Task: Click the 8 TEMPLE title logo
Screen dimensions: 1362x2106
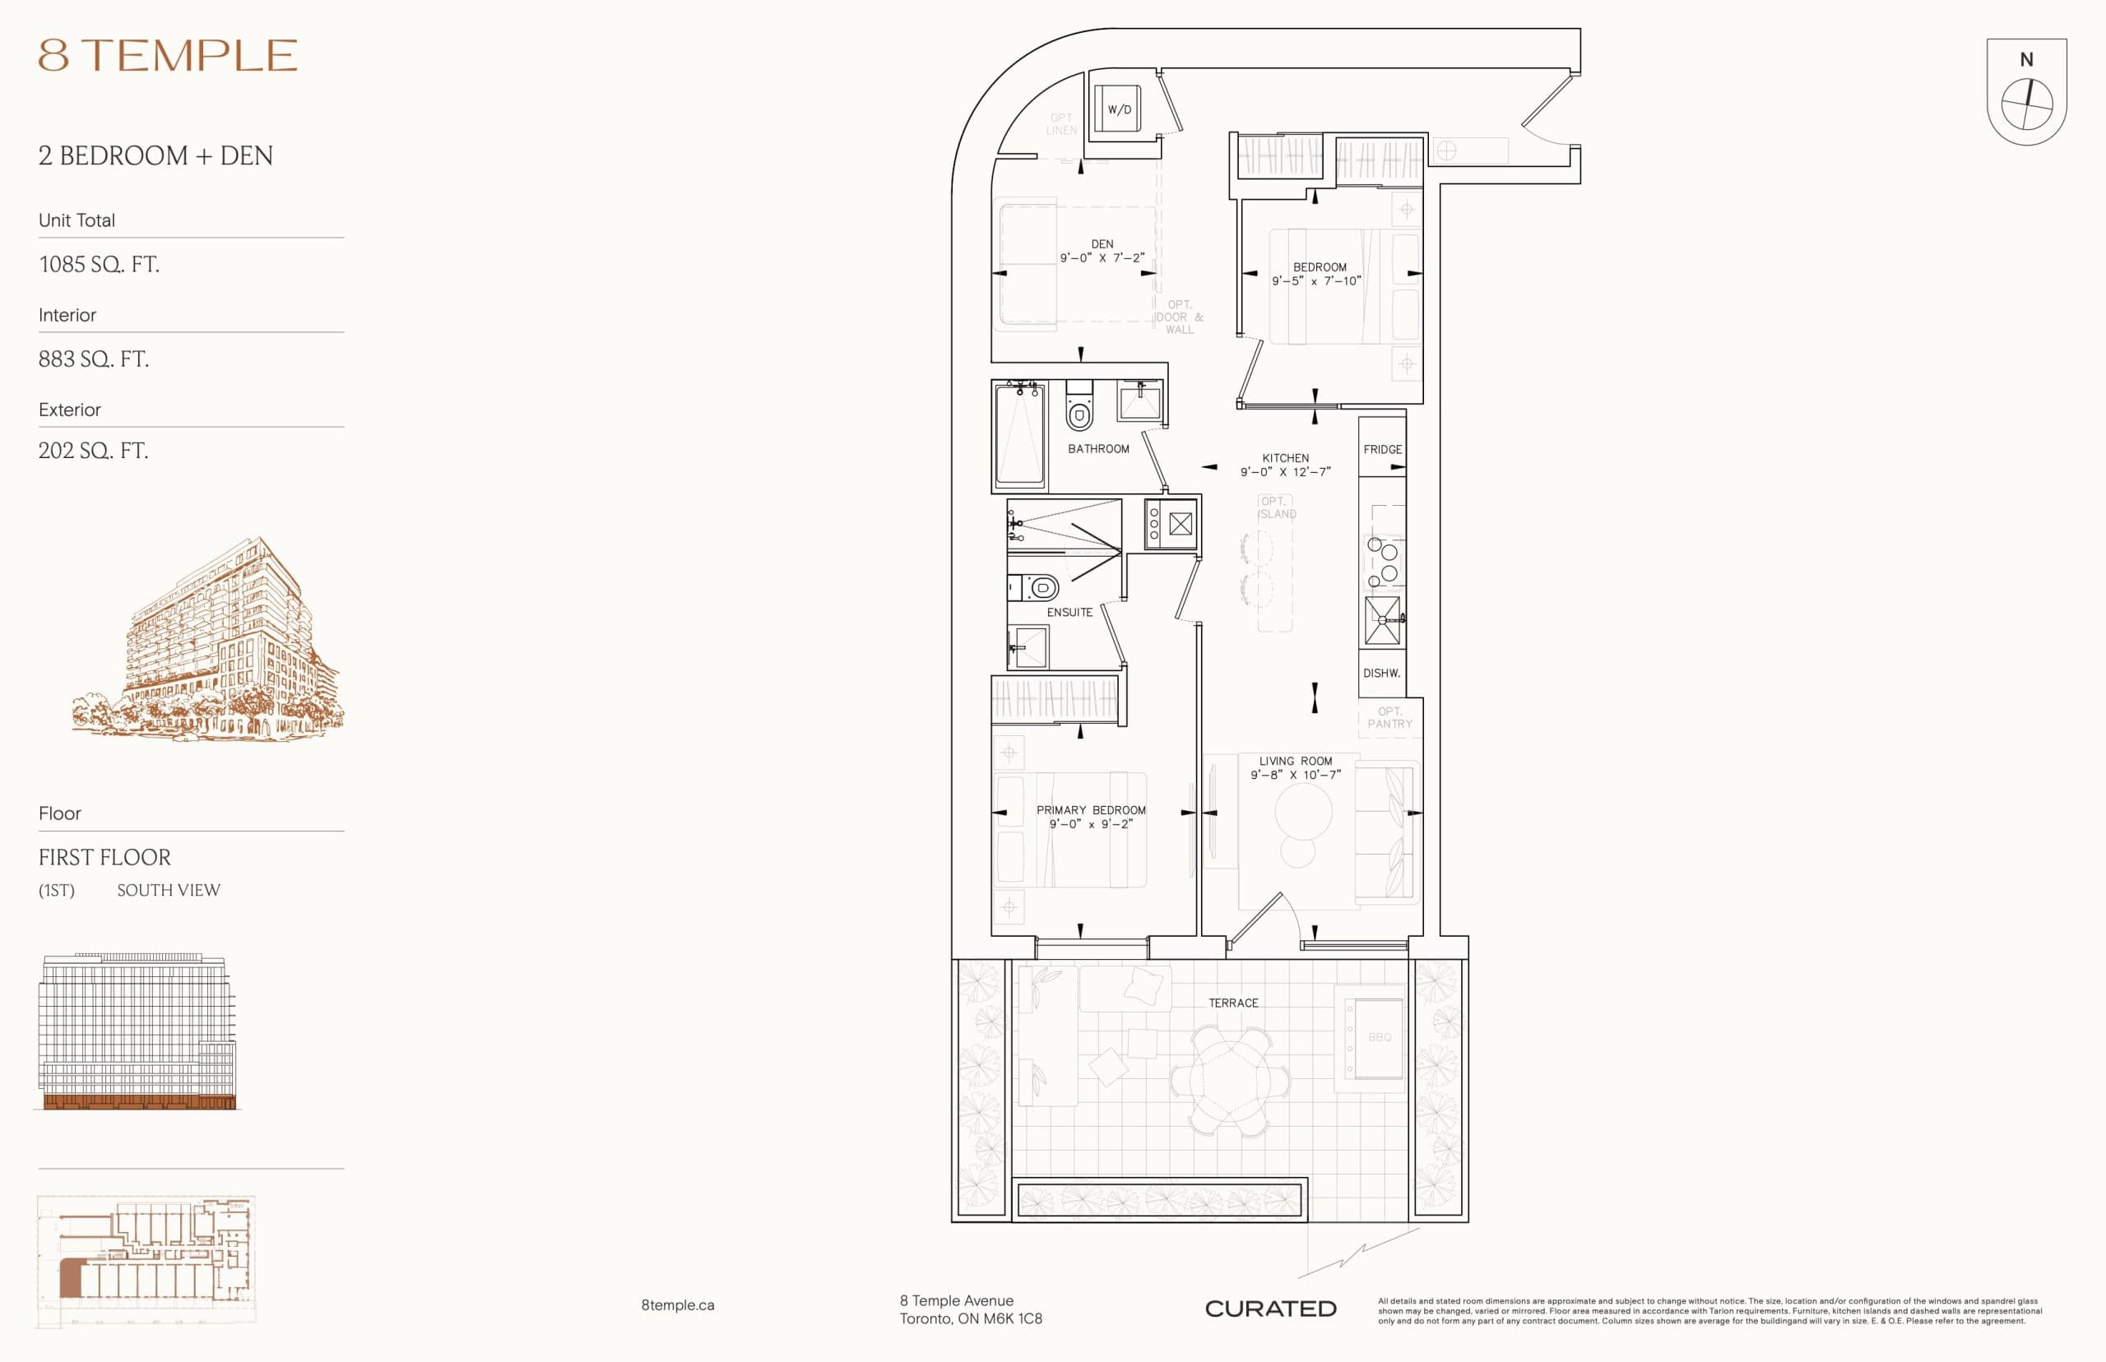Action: [x=167, y=55]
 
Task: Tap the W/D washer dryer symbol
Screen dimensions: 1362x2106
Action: [x=1118, y=109]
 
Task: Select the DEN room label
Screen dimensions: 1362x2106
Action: [x=1102, y=244]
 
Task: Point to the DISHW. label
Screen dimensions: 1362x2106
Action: [x=1380, y=673]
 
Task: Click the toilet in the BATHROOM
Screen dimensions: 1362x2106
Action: [x=1079, y=410]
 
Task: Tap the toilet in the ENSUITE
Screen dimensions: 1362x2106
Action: [x=1042, y=587]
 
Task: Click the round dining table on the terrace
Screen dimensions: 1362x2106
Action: [x=1229, y=1081]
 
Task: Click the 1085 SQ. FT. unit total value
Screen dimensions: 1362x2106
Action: [x=99, y=265]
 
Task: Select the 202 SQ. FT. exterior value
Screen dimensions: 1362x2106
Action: [x=93, y=451]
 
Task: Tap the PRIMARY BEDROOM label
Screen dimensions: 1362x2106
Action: [x=1091, y=810]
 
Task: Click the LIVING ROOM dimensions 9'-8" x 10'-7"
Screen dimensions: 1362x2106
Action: [x=1295, y=775]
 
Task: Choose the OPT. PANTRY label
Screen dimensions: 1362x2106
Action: [x=1389, y=717]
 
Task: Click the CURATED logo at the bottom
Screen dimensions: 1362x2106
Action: [x=1270, y=1309]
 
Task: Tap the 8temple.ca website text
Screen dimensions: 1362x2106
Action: [x=678, y=1305]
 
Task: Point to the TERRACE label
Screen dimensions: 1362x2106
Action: [x=1233, y=1003]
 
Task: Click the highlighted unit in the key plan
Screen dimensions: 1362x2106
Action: [x=70, y=1280]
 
